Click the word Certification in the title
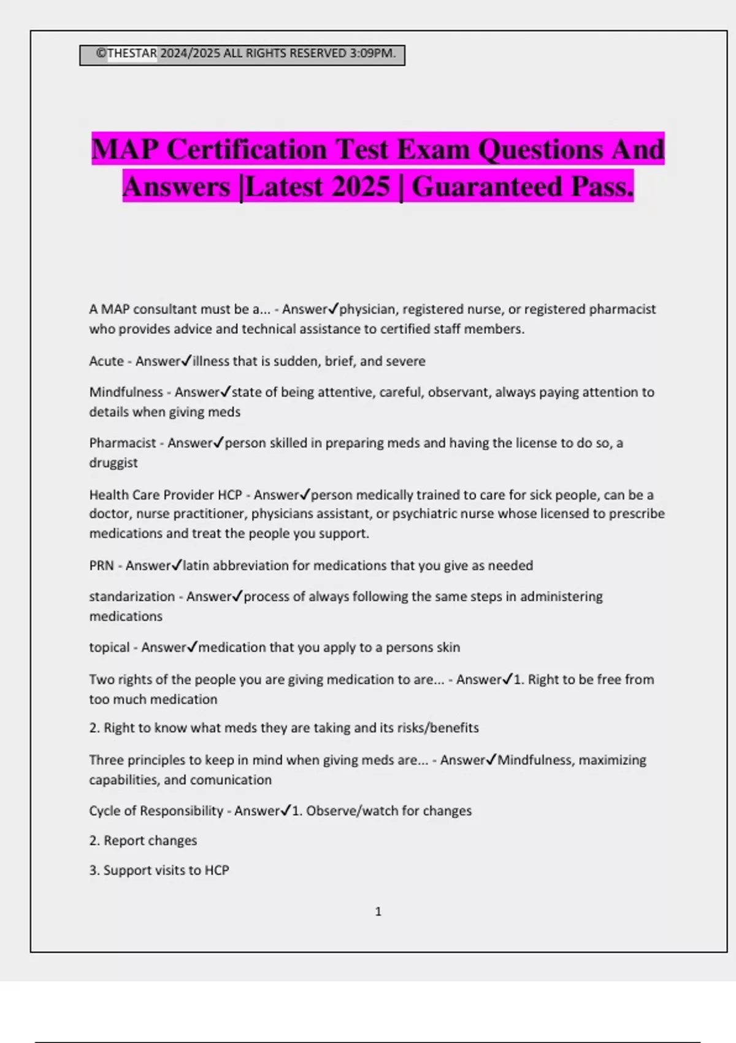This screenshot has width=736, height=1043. click(247, 150)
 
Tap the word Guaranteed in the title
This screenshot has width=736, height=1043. click(488, 187)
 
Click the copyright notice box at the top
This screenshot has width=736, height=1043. click(242, 55)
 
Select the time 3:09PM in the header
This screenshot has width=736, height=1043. click(372, 53)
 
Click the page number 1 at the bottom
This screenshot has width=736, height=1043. click(378, 912)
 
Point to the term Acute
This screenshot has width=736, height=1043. click(107, 361)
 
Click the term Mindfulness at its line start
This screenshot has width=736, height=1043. click(126, 392)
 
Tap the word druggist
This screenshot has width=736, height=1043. click(113, 463)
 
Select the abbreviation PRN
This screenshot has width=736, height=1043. click(102, 565)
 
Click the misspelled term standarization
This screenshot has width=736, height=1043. click(132, 596)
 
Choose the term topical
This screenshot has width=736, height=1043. click(109, 647)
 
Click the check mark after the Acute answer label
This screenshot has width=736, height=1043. click(186, 361)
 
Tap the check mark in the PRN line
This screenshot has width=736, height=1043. click(177, 565)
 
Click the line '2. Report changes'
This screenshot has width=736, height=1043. click(143, 841)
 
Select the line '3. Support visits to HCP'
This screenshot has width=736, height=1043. click(159, 870)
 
